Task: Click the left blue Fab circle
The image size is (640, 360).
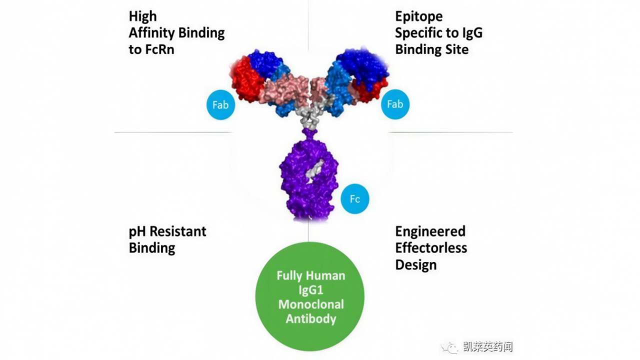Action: pyautogui.click(x=220, y=105)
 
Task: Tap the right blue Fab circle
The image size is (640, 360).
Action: pyautogui.click(x=395, y=104)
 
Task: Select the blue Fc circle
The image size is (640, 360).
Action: pyautogui.click(x=354, y=199)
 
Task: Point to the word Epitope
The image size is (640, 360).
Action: pyautogui.click(x=418, y=16)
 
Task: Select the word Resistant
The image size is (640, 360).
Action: pyautogui.click(x=178, y=231)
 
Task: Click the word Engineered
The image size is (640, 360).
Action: pyautogui.click(x=430, y=231)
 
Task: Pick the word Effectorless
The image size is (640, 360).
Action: pyautogui.click(x=431, y=248)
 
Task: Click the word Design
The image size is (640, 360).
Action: pyautogui.click(x=415, y=264)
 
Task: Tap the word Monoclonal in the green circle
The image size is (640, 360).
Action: pyautogui.click(x=311, y=304)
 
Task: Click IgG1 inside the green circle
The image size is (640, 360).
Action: pyautogui.click(x=310, y=290)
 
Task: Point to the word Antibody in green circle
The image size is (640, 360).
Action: pyautogui.click(x=311, y=319)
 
